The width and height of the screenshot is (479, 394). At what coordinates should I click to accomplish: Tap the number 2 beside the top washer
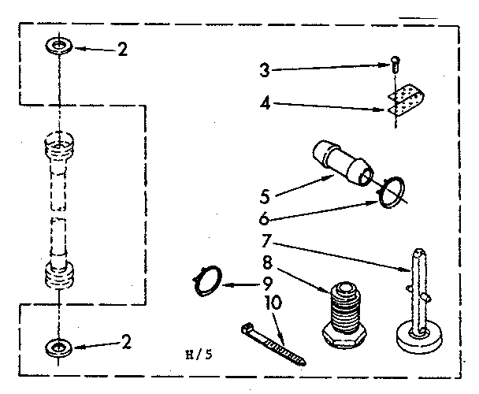[x=121, y=49]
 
